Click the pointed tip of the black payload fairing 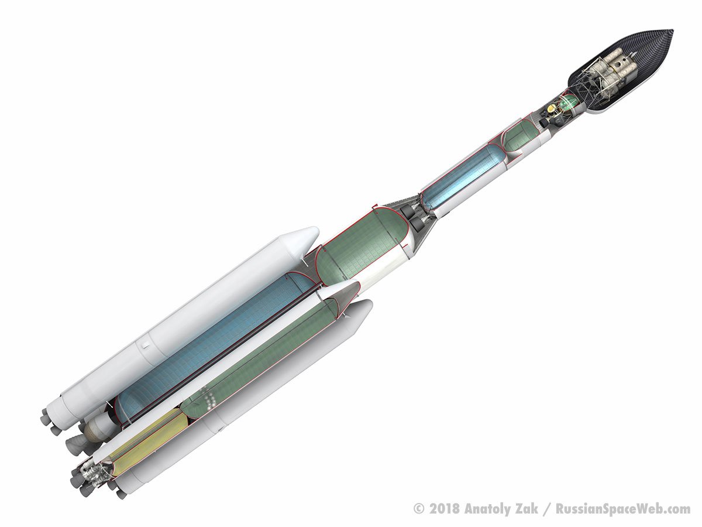click(x=673, y=31)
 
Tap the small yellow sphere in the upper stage click(x=551, y=108)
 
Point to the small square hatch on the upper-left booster click(x=145, y=345)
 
